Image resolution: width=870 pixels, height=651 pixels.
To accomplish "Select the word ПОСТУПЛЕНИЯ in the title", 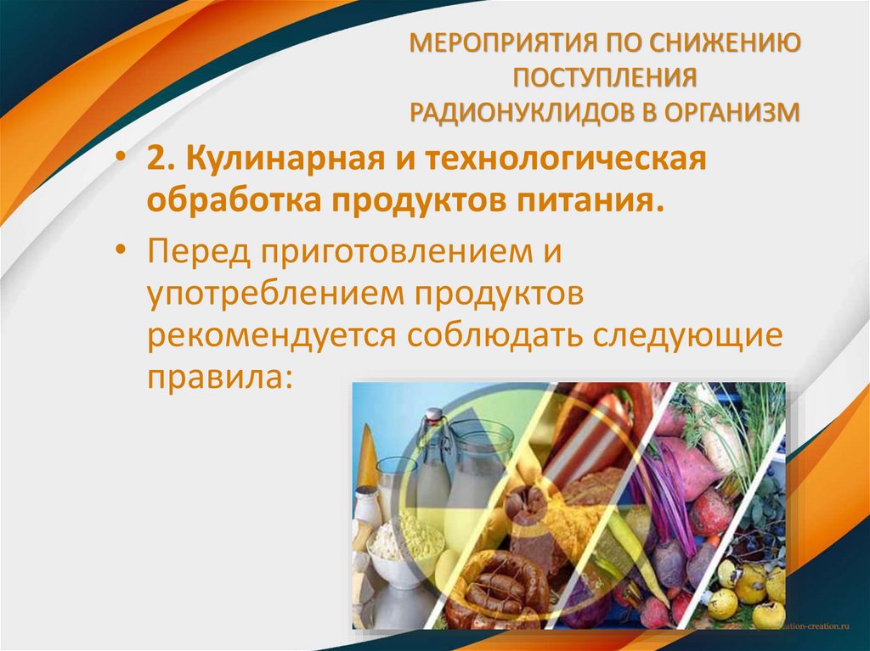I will click(x=604, y=77).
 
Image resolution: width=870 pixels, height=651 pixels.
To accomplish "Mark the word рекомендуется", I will click(x=270, y=334).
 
